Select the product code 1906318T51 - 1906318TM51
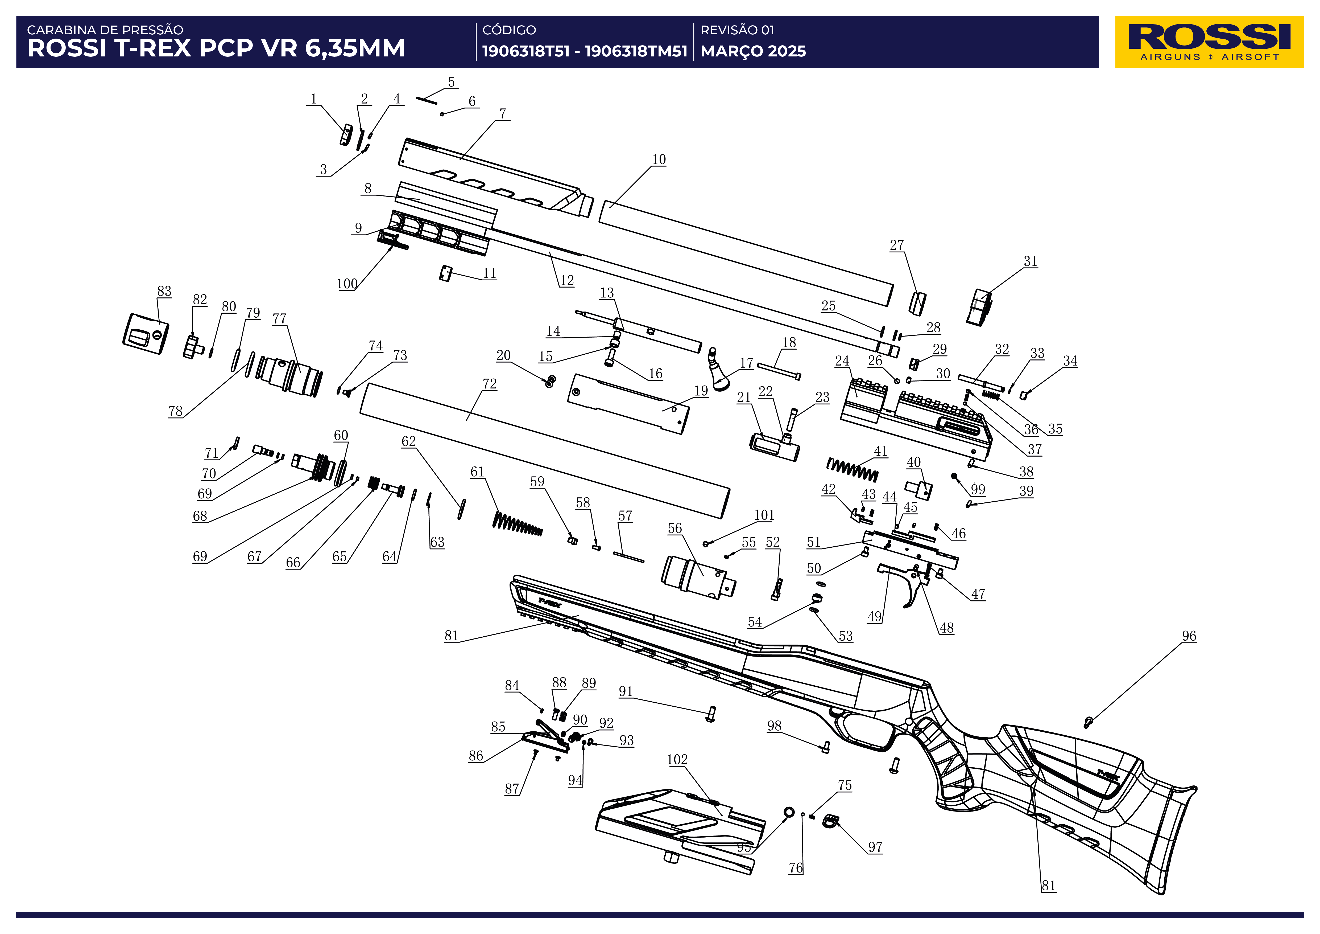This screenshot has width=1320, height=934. point(584,51)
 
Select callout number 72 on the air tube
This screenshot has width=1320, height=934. point(489,384)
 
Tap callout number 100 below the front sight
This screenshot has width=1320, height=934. point(347,284)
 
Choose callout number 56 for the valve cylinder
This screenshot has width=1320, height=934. point(675,528)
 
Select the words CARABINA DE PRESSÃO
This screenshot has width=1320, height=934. point(105,30)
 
